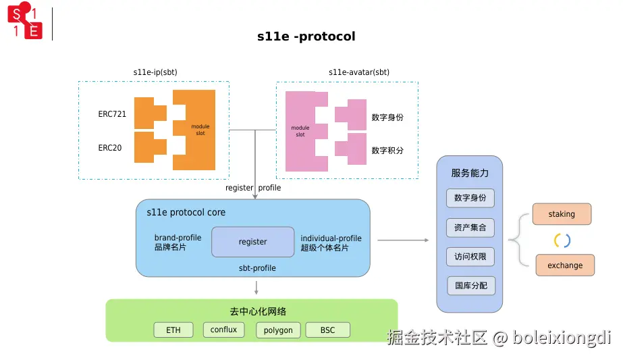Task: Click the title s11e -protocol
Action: (306, 36)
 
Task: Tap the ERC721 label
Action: (112, 114)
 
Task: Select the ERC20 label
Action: (110, 147)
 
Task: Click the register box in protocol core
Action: (253, 242)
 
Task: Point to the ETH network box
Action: (173, 330)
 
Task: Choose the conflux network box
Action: (223, 330)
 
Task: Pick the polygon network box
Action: (278, 330)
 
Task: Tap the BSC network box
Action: (327, 330)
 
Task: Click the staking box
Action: (562, 214)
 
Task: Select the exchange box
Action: (565, 265)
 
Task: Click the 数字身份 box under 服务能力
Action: (470, 199)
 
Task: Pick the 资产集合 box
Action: (470, 228)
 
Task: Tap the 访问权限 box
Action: (470, 257)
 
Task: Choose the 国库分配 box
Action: (470, 286)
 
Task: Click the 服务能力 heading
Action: (470, 173)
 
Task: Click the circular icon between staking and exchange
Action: (562, 240)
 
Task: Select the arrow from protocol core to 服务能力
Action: (403, 240)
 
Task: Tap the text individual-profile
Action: (331, 238)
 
